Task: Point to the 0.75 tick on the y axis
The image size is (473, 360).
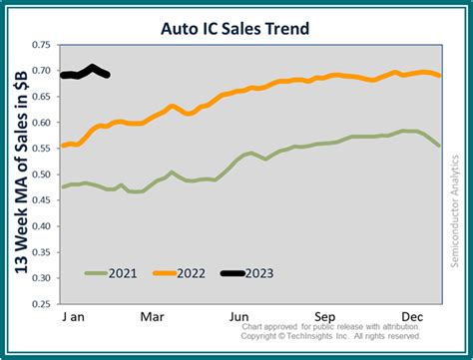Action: click(x=41, y=46)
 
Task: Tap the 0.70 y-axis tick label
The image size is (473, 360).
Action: click(x=41, y=72)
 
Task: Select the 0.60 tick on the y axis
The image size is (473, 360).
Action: click(x=41, y=124)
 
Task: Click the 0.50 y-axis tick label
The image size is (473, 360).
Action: click(x=41, y=176)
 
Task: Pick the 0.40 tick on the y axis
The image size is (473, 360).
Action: click(x=41, y=227)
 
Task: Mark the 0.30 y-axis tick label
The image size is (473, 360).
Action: click(x=41, y=279)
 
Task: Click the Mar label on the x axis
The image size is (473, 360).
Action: click(x=152, y=316)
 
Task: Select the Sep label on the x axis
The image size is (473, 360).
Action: click(x=327, y=316)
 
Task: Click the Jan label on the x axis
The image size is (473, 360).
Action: click(x=76, y=316)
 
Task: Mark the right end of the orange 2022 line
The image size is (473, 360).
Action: click(x=440, y=76)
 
